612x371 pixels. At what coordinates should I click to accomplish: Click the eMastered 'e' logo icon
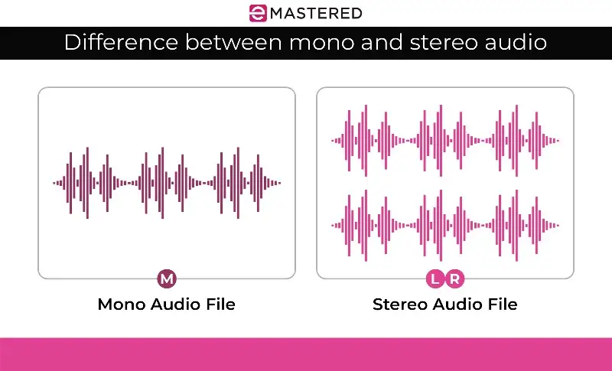[x=258, y=13]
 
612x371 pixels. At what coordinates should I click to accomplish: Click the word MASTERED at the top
[x=314, y=13]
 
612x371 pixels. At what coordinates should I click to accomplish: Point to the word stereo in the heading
[x=428, y=42]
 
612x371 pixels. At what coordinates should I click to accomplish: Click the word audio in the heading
[x=515, y=42]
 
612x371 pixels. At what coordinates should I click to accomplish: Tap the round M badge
[x=166, y=278]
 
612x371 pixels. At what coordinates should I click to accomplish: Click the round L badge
[x=435, y=278]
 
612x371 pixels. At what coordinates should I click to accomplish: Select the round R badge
[x=454, y=278]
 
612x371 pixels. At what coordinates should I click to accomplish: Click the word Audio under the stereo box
[x=461, y=304]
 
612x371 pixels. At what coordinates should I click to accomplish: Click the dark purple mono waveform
[x=166, y=183]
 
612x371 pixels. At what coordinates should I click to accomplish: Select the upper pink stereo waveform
[x=444, y=141]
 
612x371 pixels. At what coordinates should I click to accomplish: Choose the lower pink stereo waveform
[x=444, y=226]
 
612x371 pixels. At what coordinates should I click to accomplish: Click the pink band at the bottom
[x=306, y=353]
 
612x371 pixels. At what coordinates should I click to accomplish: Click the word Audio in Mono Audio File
[x=173, y=304]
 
